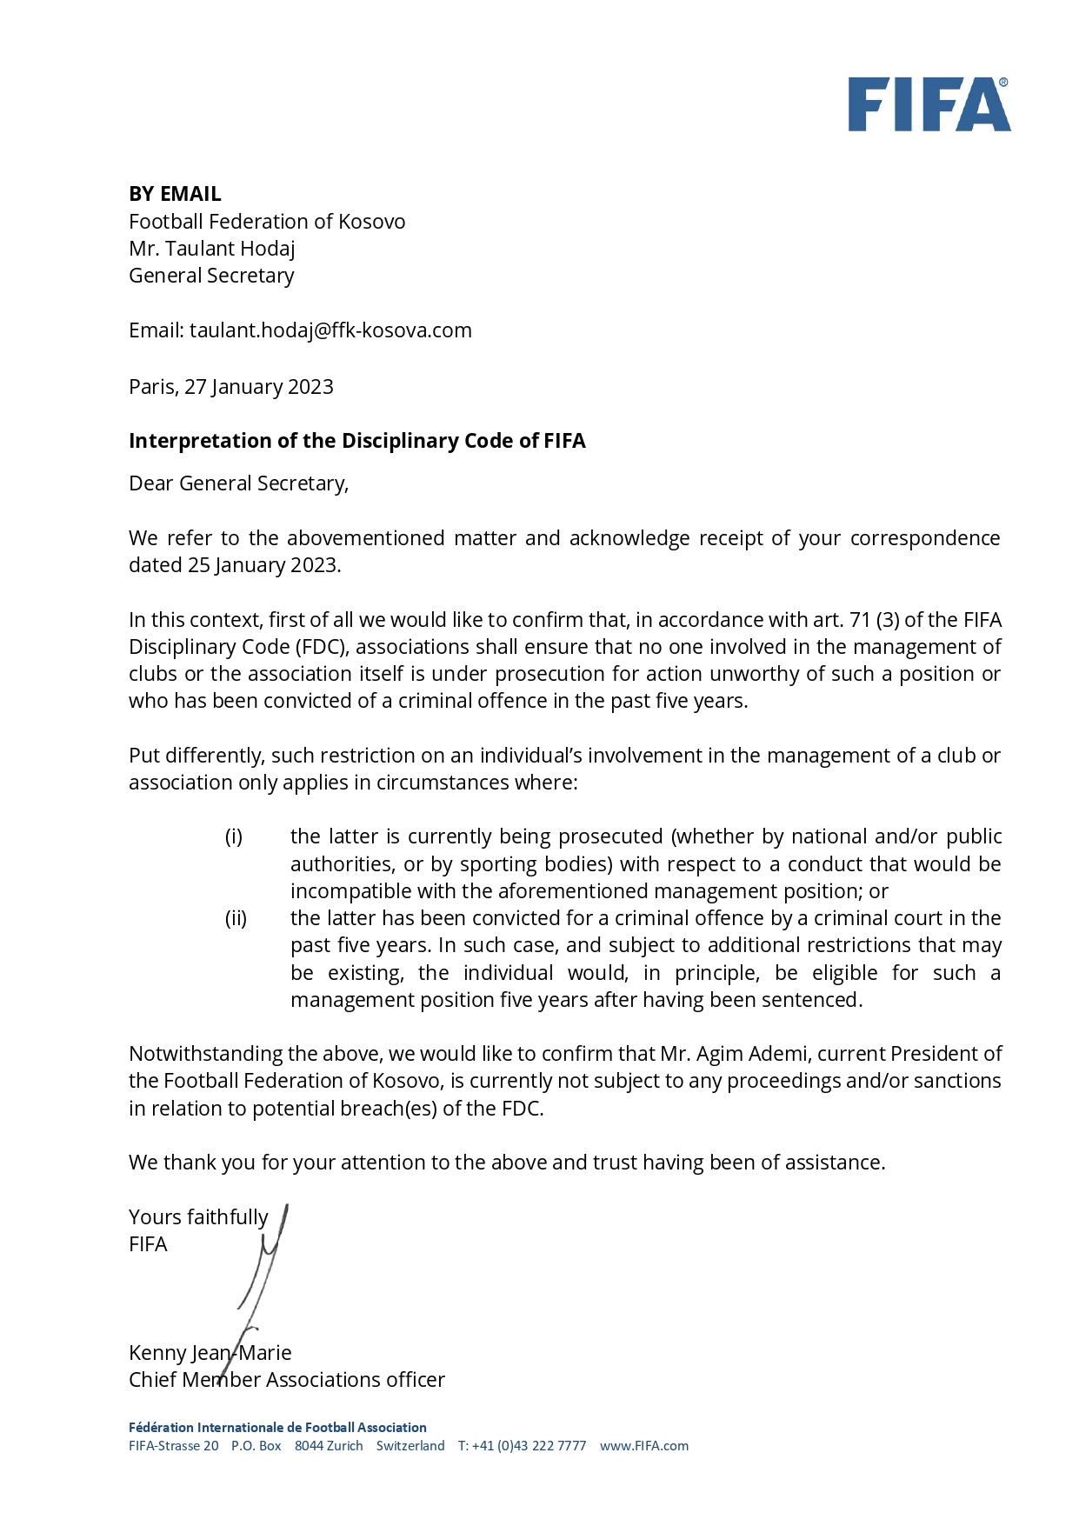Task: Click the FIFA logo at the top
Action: coord(929,104)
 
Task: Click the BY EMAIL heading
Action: coord(175,194)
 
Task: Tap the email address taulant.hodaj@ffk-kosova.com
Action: coord(330,330)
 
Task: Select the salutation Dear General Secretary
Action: coord(238,483)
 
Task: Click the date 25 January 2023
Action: coord(263,565)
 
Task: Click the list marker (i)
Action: coord(234,836)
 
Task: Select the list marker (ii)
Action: coord(236,918)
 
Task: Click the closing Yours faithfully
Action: coord(198,1217)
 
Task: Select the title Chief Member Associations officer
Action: coord(286,1380)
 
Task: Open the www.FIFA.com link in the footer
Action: coord(643,1446)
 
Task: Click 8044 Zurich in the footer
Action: coord(329,1446)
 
